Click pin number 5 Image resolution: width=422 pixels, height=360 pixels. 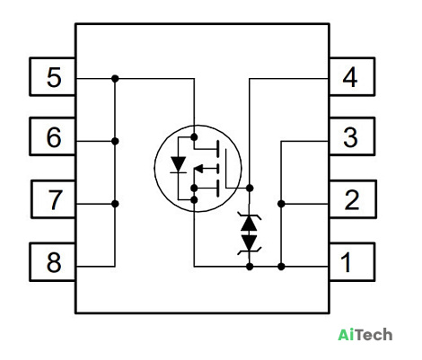(54, 77)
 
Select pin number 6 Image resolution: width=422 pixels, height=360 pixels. (54, 137)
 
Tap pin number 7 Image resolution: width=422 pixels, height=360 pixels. (55, 199)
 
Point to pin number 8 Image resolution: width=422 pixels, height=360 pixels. (54, 262)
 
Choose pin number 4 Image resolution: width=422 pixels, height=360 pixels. (350, 77)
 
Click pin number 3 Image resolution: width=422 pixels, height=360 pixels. (350, 137)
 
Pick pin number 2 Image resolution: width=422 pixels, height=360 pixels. (352, 199)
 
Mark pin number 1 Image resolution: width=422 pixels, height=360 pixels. (347, 262)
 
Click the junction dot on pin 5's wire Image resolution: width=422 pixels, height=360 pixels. (115, 79)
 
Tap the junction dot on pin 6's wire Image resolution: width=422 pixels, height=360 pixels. (115, 141)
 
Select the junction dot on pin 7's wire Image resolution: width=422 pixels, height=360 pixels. (115, 204)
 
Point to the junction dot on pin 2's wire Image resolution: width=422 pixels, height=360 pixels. (281, 204)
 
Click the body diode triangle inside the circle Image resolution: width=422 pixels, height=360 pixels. (179, 164)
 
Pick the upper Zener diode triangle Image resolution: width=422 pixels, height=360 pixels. (249, 223)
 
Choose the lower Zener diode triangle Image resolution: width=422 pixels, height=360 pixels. (249, 243)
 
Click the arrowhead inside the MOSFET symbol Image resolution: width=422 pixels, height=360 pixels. (199, 169)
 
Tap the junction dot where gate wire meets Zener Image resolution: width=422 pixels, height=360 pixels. (250, 188)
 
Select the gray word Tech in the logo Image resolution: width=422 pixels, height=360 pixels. (374, 334)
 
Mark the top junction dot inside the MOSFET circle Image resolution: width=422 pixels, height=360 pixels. (194, 137)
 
